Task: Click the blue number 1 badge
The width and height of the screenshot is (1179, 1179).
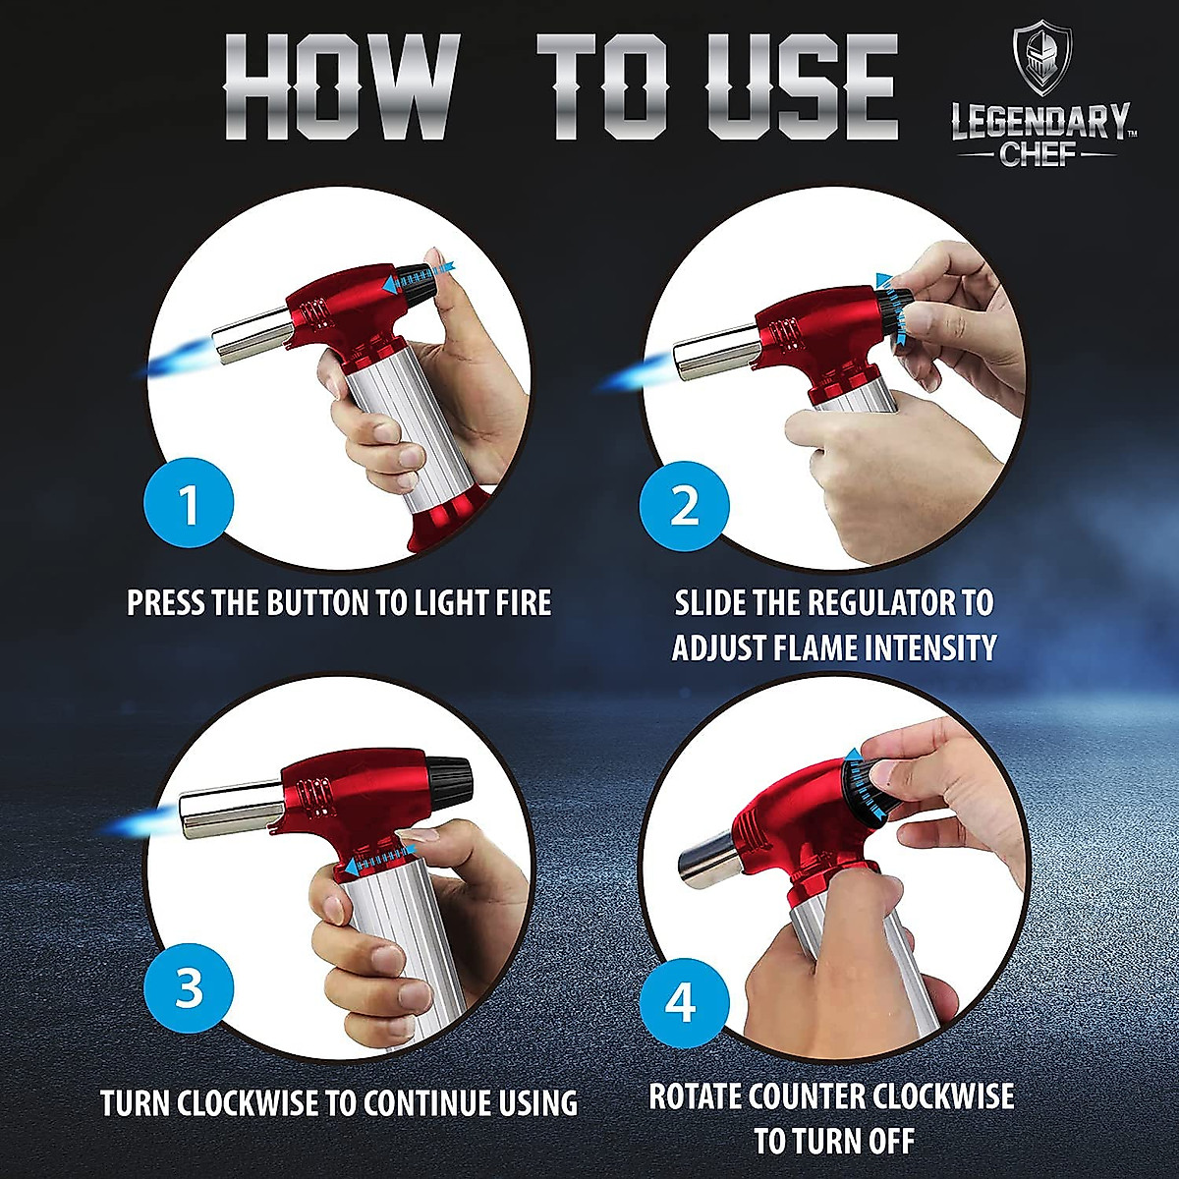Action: [x=189, y=505]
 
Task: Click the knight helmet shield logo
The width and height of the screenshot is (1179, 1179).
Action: [x=1041, y=61]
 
